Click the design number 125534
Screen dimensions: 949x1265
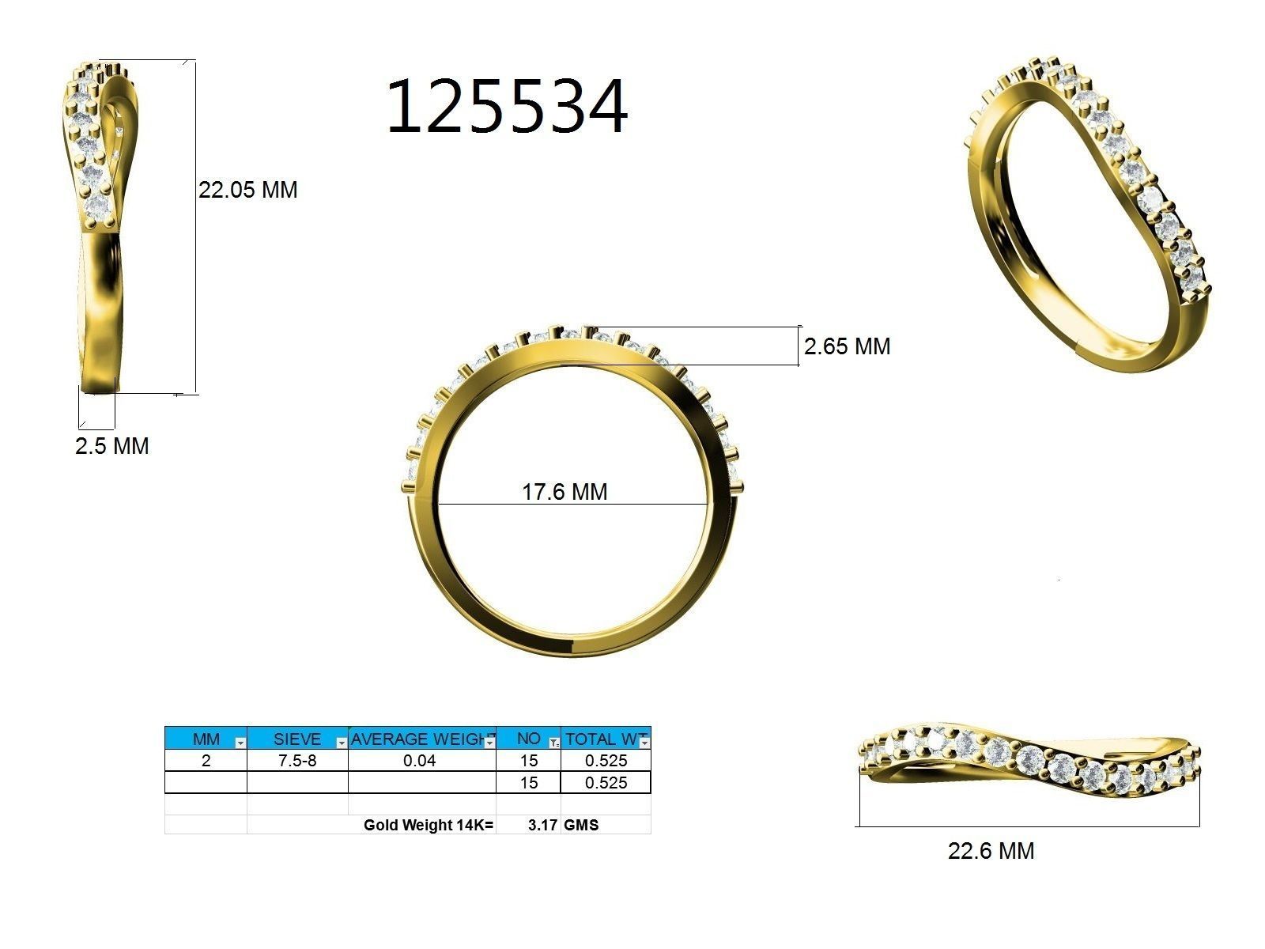[506, 106]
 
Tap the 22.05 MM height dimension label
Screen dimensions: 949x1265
[247, 190]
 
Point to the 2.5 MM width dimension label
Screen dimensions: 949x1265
[111, 446]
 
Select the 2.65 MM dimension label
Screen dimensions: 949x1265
[847, 346]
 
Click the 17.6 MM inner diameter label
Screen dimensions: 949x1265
[565, 492]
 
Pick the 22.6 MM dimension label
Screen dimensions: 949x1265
[991, 851]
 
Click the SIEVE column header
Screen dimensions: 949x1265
[296, 739]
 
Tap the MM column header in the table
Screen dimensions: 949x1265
[206, 739]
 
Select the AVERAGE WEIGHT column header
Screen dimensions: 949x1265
[417, 739]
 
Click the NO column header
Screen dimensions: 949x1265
[527, 739]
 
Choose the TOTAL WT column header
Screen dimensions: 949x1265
[601, 739]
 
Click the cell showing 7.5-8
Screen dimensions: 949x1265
[296, 761]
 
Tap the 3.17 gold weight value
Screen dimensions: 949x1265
[542, 825]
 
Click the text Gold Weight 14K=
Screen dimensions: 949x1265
[428, 825]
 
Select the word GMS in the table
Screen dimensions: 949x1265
[581, 825]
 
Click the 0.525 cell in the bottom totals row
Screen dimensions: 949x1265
[606, 783]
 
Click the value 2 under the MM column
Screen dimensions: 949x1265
[206, 761]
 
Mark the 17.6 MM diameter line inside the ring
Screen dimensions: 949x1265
[474, 505]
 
